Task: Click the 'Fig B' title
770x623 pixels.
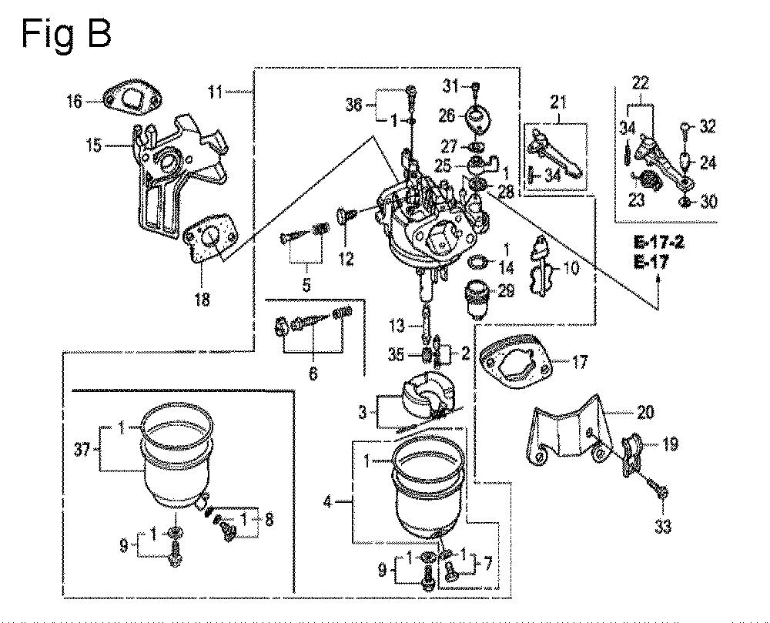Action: click(x=66, y=35)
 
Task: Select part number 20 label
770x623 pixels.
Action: click(x=645, y=414)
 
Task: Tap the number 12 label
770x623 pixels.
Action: click(x=346, y=260)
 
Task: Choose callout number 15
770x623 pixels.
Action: click(x=94, y=145)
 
